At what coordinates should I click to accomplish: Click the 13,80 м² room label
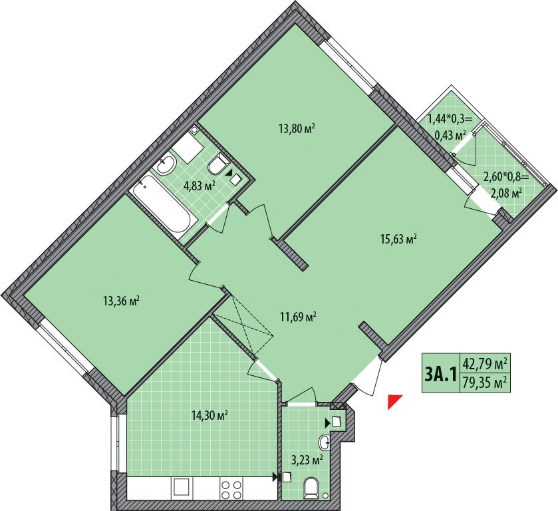tap(298, 128)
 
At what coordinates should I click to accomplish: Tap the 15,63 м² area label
tap(398, 239)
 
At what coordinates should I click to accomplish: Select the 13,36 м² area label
tap(121, 301)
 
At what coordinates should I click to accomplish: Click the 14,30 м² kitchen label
tap(209, 415)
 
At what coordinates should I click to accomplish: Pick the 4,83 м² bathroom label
tap(200, 185)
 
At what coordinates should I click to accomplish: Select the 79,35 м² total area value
tap(485, 383)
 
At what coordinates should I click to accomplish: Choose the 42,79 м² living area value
tap(485, 364)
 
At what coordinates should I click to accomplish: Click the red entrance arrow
tap(394, 401)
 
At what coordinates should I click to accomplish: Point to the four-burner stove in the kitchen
tap(231, 489)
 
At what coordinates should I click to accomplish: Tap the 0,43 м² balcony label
tap(450, 135)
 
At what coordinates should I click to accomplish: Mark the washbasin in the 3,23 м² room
tap(325, 442)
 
